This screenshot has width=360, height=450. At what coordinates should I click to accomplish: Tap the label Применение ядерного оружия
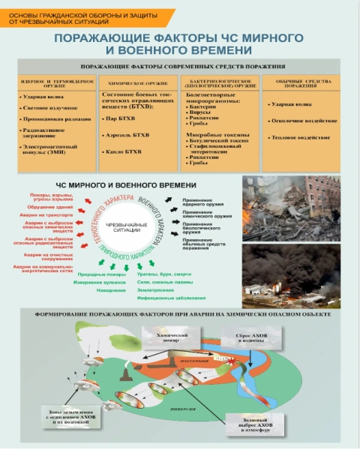point(202,200)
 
